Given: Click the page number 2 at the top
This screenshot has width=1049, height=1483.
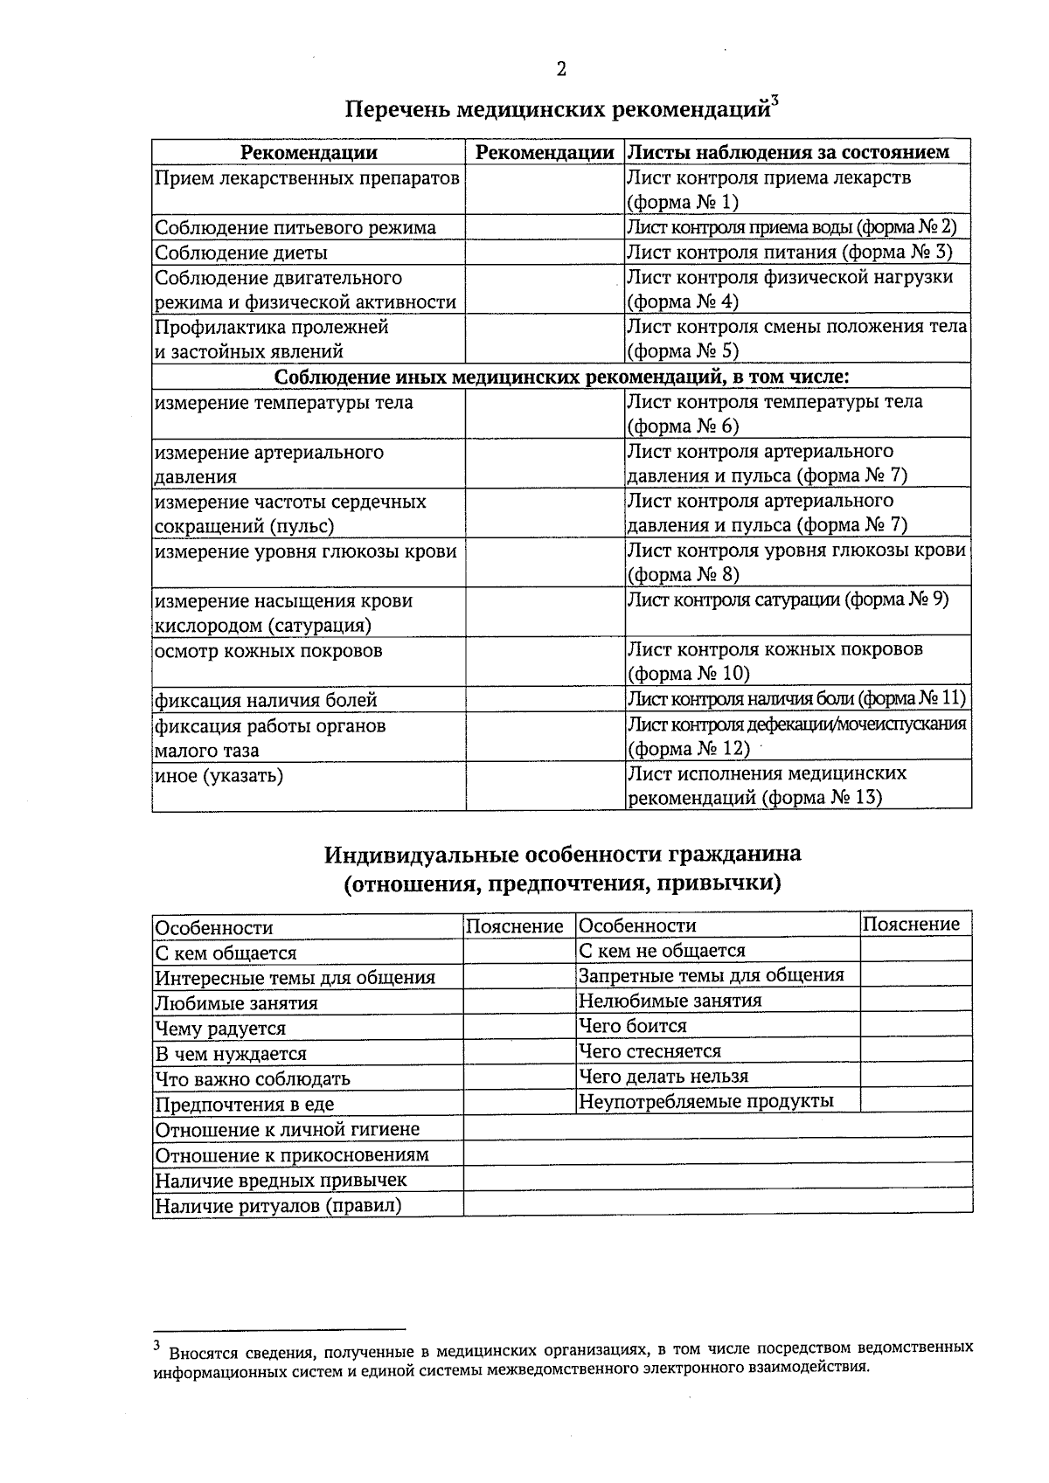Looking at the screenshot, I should pyautogui.click(x=560, y=70).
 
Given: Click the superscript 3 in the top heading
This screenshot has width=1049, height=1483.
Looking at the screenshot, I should pyautogui.click(x=775, y=101).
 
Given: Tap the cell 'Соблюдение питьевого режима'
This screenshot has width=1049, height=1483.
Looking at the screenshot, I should pyautogui.click(x=295, y=228).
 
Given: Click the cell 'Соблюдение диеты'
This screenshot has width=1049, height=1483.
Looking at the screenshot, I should pyautogui.click(x=241, y=253).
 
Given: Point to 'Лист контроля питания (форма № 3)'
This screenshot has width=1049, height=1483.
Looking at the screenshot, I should pyautogui.click(x=789, y=253).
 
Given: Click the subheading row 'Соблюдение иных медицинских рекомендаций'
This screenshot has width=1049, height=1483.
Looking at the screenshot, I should pyautogui.click(x=561, y=377).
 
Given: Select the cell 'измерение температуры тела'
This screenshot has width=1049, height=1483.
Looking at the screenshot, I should pyautogui.click(x=284, y=403).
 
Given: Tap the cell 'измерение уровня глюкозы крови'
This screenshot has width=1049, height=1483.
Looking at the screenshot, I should pyautogui.click(x=306, y=551).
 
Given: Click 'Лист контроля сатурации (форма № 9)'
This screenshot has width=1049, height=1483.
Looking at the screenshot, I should pyautogui.click(x=788, y=599).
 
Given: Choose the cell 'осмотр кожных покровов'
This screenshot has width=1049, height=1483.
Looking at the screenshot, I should pyautogui.click(x=268, y=651).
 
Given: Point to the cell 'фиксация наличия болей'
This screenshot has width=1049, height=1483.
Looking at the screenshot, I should pyautogui.click(x=266, y=700).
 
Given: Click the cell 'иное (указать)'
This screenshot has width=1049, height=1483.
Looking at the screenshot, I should pyautogui.click(x=219, y=775).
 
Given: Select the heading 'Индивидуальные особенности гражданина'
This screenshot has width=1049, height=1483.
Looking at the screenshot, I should pyautogui.click(x=562, y=854).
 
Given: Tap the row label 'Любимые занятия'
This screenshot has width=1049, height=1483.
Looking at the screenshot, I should pyautogui.click(x=236, y=1003).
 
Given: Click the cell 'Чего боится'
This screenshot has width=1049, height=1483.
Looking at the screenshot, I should pyautogui.click(x=633, y=1026).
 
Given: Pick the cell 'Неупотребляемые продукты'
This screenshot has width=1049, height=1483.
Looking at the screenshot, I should pyautogui.click(x=706, y=1101).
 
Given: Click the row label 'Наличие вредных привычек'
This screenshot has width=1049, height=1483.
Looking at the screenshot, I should pyautogui.click(x=281, y=1181).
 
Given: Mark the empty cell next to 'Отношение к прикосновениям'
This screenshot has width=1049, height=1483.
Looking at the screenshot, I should pyautogui.click(x=717, y=1154).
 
